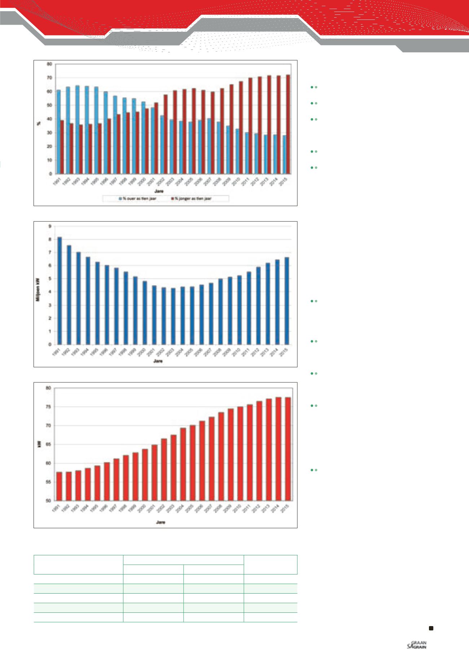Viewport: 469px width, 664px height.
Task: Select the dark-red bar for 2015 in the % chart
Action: pos(288,124)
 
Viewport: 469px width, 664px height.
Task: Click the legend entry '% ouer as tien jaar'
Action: pos(139,199)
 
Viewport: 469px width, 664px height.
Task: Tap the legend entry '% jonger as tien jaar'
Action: pos(193,199)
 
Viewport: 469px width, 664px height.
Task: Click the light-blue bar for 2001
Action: pos(152,140)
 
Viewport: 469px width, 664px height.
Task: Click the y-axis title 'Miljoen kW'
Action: pos(41,285)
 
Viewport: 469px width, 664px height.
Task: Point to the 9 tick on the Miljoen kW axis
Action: pos(51,226)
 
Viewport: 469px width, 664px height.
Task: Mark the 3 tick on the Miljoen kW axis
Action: pos(51,305)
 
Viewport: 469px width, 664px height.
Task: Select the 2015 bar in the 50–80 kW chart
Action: pos(288,449)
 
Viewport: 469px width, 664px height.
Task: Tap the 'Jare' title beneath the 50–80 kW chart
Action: pos(161,522)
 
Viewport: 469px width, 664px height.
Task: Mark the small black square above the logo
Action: pos(431,628)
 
